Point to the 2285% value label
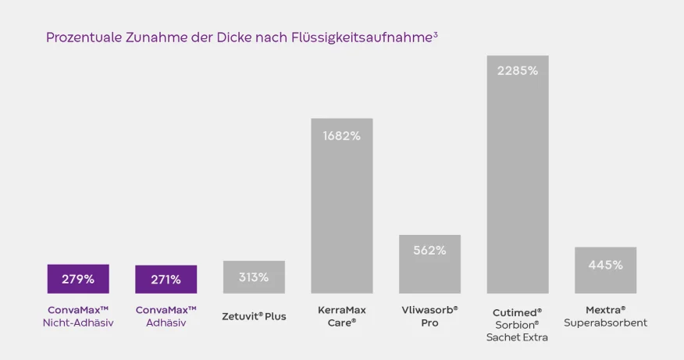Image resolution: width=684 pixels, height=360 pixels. tap(518, 70)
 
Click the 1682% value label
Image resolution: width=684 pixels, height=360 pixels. tap(342, 136)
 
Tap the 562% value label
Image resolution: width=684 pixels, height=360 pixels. tap(429, 250)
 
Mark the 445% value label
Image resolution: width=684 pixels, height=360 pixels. tap(605, 265)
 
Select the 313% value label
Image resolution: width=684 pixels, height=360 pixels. tap(254, 277)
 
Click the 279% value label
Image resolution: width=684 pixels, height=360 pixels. tap(78, 279)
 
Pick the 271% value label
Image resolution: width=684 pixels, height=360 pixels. tap(166, 279)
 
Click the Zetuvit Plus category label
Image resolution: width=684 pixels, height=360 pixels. tap(254, 316)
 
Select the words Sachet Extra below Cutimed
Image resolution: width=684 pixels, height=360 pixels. tap(518, 337)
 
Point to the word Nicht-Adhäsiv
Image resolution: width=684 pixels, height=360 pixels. tap(78, 323)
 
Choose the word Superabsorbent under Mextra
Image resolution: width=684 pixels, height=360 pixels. tap(605, 323)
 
